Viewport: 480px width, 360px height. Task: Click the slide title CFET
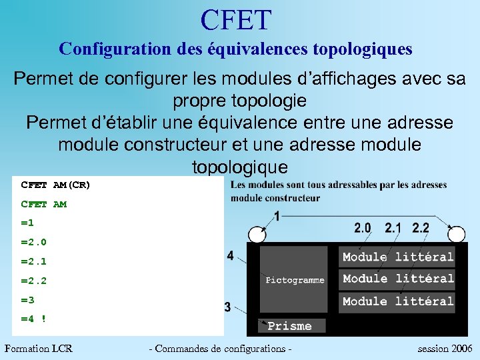click(236, 19)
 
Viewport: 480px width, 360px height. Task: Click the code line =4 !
click(33, 319)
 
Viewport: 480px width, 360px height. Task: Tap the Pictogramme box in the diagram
click(295, 280)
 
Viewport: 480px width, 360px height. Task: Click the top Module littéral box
click(398, 257)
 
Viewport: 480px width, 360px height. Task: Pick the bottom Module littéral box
click(398, 301)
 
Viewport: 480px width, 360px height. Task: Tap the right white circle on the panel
click(456, 235)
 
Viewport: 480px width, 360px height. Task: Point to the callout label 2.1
click(393, 228)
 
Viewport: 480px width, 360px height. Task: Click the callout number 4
click(230, 256)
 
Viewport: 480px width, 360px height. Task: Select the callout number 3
click(228, 307)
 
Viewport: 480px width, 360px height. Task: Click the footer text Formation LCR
click(38, 349)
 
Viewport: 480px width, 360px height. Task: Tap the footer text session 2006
click(445, 349)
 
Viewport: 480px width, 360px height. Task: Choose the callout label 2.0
click(363, 228)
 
